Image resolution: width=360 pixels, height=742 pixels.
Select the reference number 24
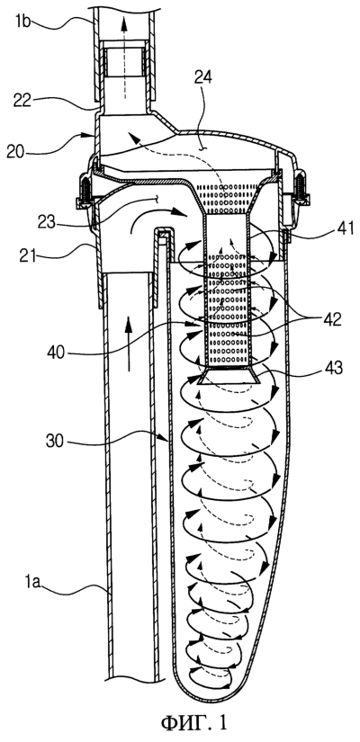click(x=202, y=79)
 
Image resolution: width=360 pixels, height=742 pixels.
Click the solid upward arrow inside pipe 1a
click(x=128, y=344)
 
